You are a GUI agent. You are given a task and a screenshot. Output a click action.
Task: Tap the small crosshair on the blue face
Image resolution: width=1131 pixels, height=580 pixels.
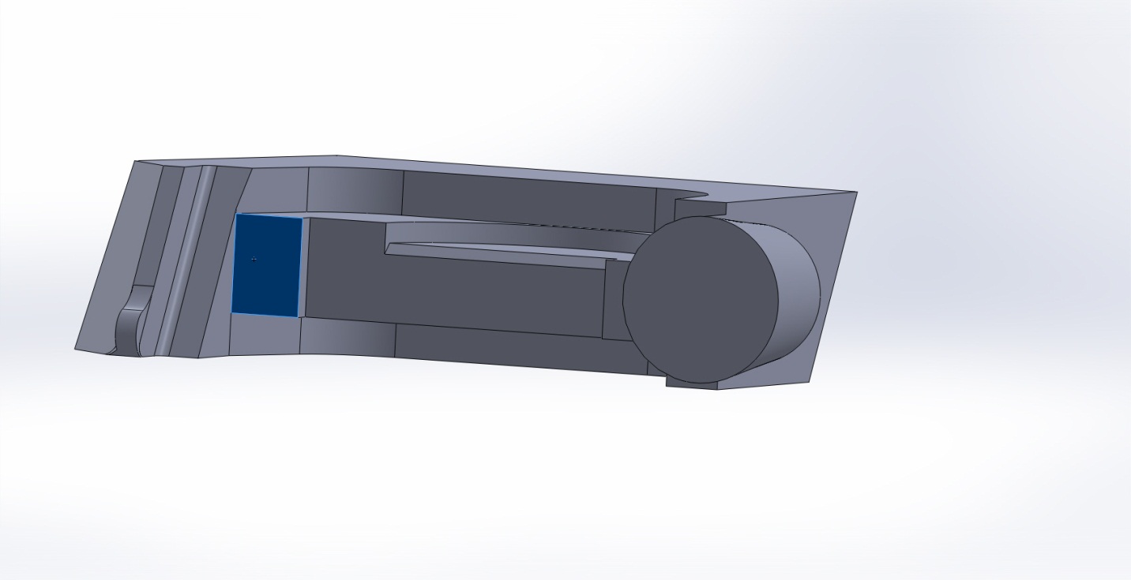pos(254,259)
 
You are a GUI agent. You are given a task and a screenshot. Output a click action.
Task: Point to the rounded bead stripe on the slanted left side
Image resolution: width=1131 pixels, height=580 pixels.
pos(185,260)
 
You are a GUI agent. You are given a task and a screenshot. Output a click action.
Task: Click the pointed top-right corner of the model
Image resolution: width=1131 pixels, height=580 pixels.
pos(856,193)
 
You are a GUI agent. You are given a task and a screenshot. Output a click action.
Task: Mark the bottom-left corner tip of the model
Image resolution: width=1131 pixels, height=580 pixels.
pos(77,349)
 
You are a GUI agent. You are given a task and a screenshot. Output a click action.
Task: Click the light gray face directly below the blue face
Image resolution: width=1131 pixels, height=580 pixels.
pos(265,335)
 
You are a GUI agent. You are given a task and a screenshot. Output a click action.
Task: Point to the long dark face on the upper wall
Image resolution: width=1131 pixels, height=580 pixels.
pos(529,197)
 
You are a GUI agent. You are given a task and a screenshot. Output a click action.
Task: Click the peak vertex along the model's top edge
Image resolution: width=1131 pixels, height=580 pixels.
pos(337,155)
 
